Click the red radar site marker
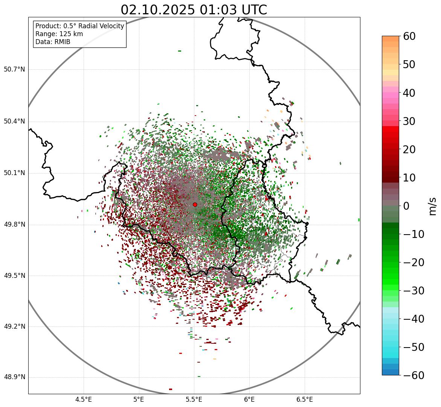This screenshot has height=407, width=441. (195, 204)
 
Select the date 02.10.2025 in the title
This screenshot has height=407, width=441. (158, 10)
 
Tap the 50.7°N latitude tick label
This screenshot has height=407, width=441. (14, 70)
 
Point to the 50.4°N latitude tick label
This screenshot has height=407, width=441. (14, 122)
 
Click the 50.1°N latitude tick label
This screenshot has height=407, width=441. (14, 173)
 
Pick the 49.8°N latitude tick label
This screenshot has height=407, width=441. (14, 225)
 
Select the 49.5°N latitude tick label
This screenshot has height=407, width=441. (14, 276)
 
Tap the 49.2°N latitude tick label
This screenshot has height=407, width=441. (14, 326)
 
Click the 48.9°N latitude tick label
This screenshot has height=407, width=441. (14, 377)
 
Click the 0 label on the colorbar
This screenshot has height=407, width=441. (406, 206)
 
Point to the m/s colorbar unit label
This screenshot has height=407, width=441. (433, 206)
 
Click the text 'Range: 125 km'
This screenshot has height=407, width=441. (59, 34)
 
